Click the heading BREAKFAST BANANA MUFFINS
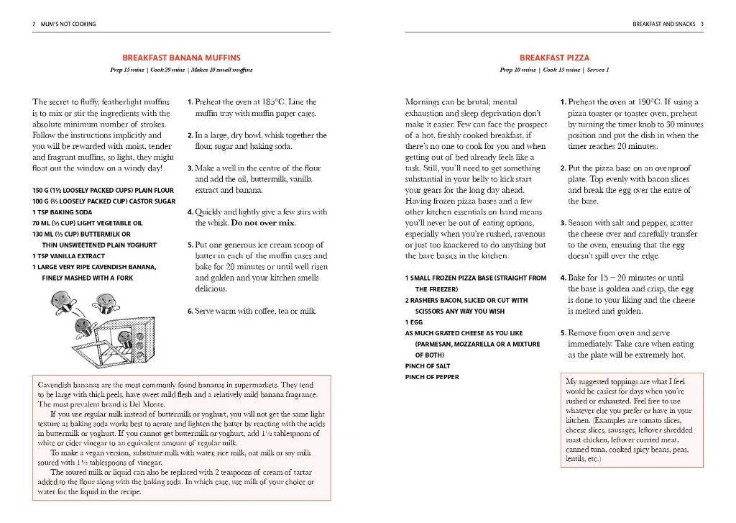tap(181, 58)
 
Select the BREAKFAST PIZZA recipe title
tap(554, 58)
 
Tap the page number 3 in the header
tap(701, 24)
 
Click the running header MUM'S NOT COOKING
tap(63, 24)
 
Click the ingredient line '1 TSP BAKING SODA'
tap(63, 212)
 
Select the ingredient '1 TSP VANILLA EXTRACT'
tap(68, 255)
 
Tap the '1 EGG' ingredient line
tap(415, 322)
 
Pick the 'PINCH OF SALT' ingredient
tap(428, 366)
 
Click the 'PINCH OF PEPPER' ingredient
tap(432, 377)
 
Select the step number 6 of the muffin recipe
tap(190, 311)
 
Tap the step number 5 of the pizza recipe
tap(563, 333)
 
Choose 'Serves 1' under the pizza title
tap(598, 70)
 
